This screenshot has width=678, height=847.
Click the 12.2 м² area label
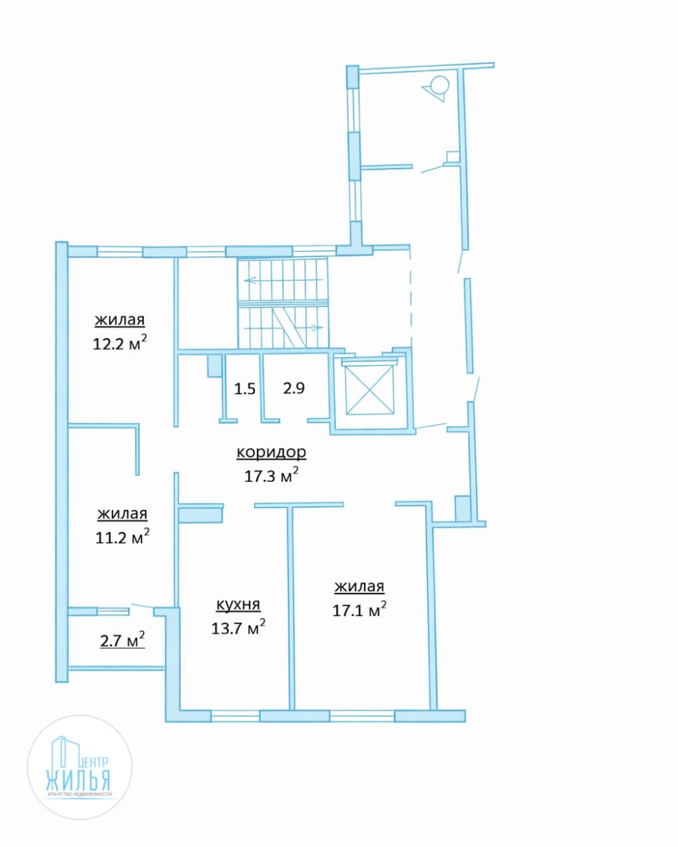point(120,343)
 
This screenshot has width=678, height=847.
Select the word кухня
point(238,604)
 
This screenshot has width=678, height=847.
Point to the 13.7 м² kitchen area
point(238,627)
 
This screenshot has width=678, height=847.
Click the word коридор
point(271,453)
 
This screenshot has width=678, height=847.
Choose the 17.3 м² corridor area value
point(271,475)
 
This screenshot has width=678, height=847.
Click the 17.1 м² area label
point(359,610)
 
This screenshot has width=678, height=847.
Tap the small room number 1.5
point(245,389)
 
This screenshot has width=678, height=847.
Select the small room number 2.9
point(294,388)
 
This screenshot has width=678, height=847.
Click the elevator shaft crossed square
point(370,390)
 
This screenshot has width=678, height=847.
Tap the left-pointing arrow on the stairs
point(283,281)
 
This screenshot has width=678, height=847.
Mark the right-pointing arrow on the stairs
point(283,327)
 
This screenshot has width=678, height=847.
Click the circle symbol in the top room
point(439,85)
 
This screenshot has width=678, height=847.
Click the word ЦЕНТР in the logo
point(93,762)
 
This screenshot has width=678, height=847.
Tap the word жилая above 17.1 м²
point(359,587)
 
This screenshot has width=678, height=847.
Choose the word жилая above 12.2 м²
point(120,320)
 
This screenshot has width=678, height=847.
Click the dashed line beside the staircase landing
point(410,298)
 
